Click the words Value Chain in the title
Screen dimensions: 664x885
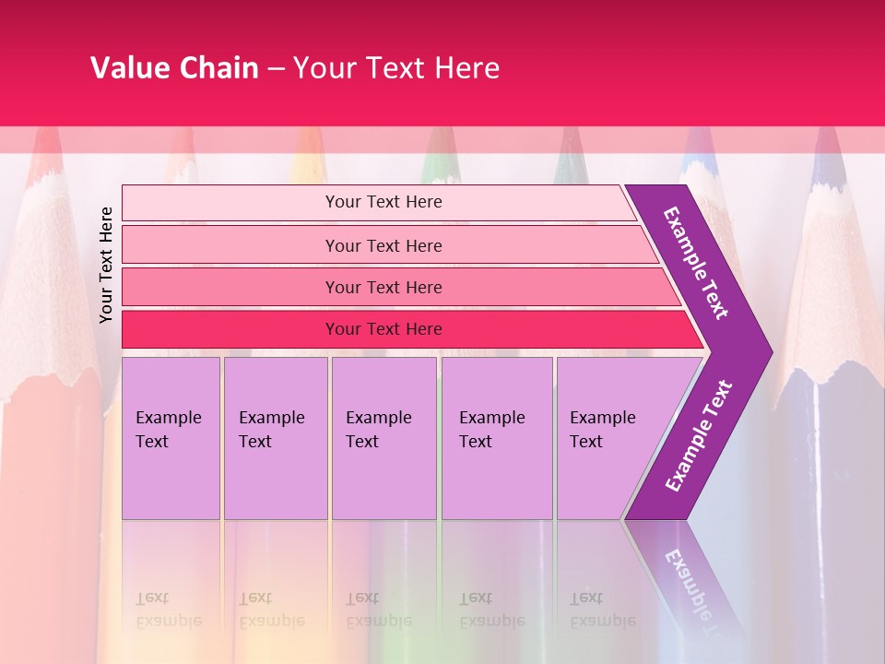tap(174, 68)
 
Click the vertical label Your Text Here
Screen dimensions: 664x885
tap(107, 265)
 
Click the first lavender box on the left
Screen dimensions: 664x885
tap(171, 438)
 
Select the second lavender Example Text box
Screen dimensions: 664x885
tap(275, 438)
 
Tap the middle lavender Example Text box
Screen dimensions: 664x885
tap(383, 438)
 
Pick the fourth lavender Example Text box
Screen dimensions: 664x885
tap(497, 438)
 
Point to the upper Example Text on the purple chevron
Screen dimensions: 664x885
tap(696, 263)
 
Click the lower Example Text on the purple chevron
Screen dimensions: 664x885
tap(699, 435)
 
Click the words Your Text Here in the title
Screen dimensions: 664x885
tap(396, 68)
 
